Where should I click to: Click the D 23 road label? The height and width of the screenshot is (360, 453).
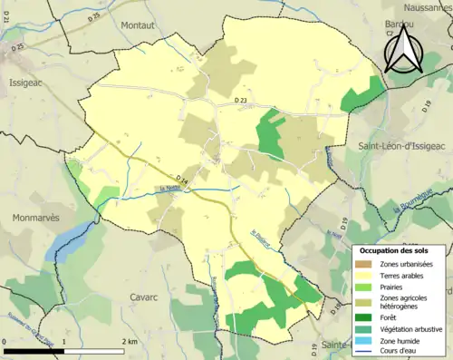click(x=240, y=100)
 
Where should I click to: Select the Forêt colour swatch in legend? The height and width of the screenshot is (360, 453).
click(x=366, y=316)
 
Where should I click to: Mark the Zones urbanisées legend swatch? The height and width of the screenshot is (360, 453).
click(x=366, y=263)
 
